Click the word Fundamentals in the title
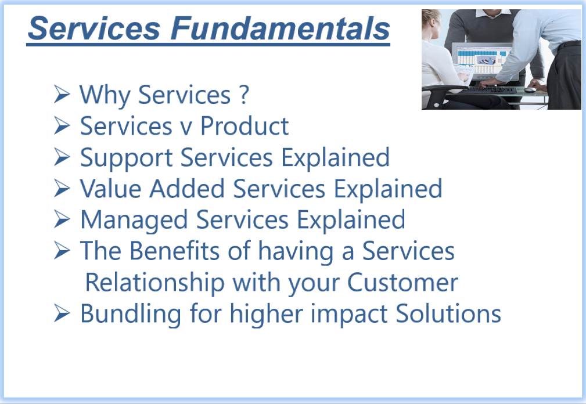click(281, 28)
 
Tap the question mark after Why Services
click(244, 95)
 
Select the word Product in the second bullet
click(245, 126)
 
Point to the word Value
click(110, 188)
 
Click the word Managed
click(134, 221)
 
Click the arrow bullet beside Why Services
click(62, 93)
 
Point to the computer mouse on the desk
click(529, 89)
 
